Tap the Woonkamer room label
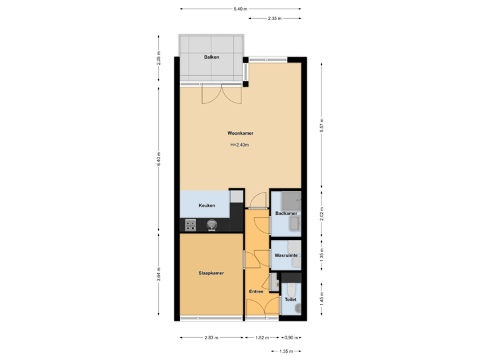point(240,133)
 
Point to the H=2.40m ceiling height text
point(240,144)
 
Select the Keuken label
point(206,205)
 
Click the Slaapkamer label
point(209,273)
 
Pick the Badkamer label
point(285,213)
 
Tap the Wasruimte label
point(285,255)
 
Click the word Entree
point(257,291)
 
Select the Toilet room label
point(290,300)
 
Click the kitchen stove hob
point(191,225)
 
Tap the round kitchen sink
point(211,225)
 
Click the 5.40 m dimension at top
point(240,9)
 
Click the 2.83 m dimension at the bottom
point(211,337)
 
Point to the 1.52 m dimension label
point(263,337)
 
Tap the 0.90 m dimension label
point(291,337)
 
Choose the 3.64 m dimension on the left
point(159,275)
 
